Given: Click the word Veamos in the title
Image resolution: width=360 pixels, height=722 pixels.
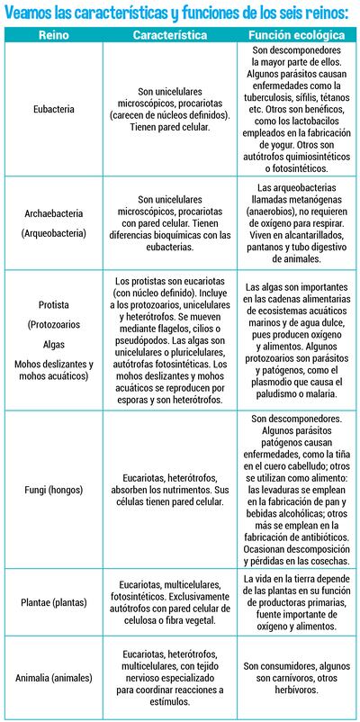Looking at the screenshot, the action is [x=26, y=11].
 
